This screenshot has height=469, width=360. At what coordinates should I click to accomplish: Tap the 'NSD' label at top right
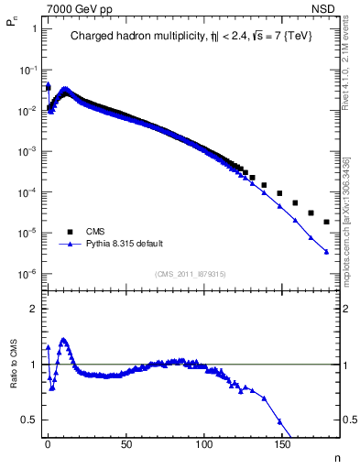click(328, 8)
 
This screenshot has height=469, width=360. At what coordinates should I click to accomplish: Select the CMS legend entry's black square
click(69, 231)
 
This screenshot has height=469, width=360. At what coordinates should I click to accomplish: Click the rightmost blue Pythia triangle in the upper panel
click(327, 252)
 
